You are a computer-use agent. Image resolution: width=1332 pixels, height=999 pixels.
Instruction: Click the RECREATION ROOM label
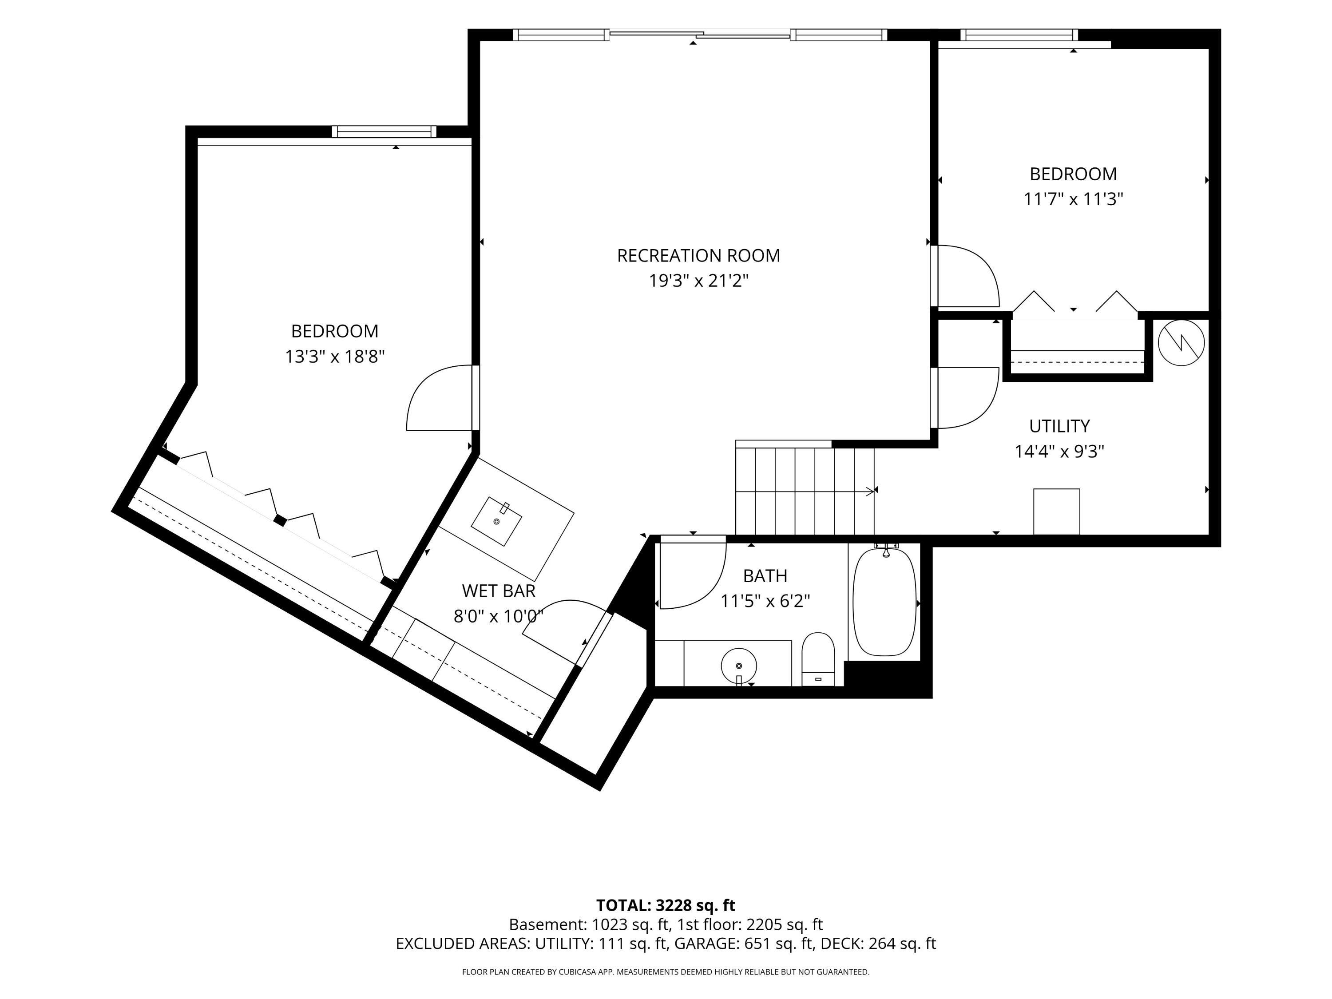pos(698,256)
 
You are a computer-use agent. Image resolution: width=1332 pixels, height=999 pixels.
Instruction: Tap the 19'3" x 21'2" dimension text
pos(698,281)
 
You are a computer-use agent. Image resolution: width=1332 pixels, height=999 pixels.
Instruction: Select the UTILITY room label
pos(1059,426)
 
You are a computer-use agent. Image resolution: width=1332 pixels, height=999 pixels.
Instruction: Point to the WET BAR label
pos(499,591)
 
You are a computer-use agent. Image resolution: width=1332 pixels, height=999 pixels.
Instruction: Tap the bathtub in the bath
pos(884,602)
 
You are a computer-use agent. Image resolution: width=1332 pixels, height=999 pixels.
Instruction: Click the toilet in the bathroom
pos(818,659)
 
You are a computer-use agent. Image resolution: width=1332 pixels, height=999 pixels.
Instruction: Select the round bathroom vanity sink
pos(739,666)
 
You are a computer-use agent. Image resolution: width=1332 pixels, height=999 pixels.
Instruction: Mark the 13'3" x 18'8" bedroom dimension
pos(335,357)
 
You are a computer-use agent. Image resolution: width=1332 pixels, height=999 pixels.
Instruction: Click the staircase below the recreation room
pos(805,488)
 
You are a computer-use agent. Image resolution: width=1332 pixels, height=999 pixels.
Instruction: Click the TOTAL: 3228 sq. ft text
pos(666,906)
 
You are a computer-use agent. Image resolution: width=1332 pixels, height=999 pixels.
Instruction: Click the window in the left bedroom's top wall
pos(384,131)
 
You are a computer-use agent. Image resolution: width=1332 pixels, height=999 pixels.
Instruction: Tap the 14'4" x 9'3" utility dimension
pos(1059,452)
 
